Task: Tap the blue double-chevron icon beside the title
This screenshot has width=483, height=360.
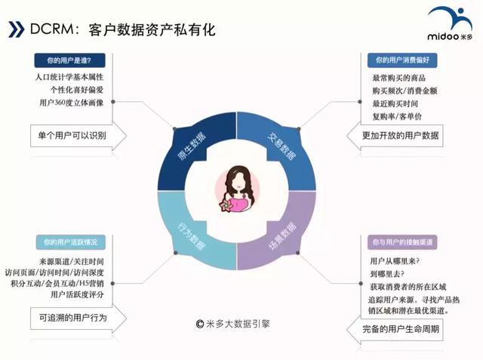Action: point(16,29)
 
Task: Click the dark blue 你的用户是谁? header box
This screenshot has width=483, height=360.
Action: point(69,60)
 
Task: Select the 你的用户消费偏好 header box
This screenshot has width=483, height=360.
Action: point(402,60)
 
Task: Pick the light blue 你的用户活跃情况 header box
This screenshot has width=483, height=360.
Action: point(70,242)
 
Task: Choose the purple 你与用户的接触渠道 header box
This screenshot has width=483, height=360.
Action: point(402,242)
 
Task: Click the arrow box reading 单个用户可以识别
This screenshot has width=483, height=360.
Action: point(78,136)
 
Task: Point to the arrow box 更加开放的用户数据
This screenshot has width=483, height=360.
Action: point(395,136)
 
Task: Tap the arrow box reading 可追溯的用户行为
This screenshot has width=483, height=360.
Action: point(78,318)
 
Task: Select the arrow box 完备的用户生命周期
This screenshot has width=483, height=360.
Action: point(395,330)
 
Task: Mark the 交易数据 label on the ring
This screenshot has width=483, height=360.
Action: point(281,146)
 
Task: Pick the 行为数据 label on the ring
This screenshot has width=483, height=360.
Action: point(191,236)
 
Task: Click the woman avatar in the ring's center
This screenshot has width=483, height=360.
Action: point(237,189)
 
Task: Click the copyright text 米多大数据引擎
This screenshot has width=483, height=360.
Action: point(233,324)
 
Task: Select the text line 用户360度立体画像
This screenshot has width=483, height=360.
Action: point(72,103)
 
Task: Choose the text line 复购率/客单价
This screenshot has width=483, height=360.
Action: point(397,117)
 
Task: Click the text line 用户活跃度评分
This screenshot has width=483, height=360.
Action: point(77,294)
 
